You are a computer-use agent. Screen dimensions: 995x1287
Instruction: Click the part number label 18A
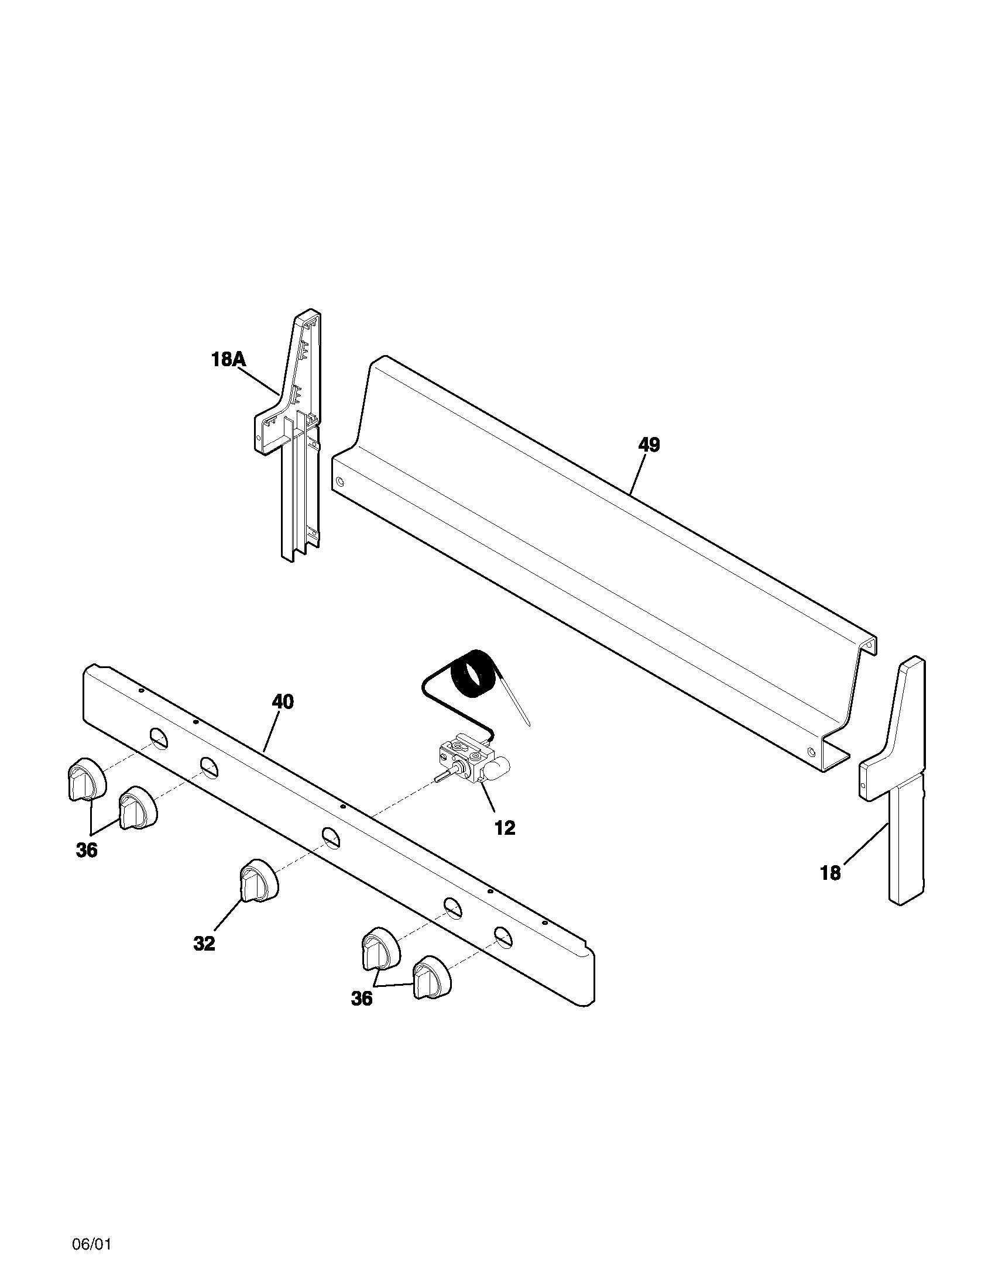[x=228, y=359]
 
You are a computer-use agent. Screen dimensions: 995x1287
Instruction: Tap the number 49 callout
[x=649, y=445]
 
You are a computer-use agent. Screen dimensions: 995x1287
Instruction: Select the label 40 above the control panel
[x=283, y=702]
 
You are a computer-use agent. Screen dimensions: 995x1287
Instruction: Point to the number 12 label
[x=505, y=828]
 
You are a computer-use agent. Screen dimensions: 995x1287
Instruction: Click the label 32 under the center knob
[x=204, y=944]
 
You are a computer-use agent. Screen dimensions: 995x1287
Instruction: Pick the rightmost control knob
[x=432, y=978]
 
